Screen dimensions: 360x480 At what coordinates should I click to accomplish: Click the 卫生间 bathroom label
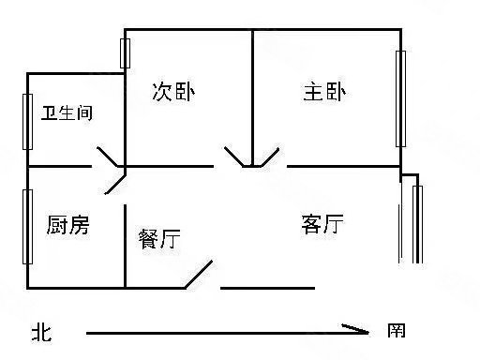click(66, 113)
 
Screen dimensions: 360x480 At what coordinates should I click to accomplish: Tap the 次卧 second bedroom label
click(173, 92)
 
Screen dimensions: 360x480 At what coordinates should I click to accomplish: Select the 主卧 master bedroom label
click(324, 92)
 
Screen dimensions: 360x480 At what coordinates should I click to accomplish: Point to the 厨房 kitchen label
click(67, 225)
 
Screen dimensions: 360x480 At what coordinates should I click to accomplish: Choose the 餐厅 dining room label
click(158, 238)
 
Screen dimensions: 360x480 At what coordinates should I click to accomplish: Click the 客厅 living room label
click(322, 225)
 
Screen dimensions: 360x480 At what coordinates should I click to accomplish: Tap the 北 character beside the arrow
click(41, 332)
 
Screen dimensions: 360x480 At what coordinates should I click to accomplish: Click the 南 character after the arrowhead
click(397, 331)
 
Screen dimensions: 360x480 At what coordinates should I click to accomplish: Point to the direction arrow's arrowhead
click(356, 330)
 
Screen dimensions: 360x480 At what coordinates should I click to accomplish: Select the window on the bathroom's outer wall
click(28, 122)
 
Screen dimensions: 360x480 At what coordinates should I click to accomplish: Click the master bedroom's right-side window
click(401, 98)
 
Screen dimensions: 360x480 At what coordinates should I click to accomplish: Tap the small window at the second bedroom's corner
click(125, 52)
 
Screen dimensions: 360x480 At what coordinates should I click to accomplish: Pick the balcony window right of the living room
click(417, 225)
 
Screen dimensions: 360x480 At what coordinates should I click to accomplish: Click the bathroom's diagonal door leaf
click(108, 157)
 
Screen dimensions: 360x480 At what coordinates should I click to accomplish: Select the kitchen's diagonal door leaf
click(115, 182)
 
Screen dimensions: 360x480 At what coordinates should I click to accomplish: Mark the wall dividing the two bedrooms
click(253, 94)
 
